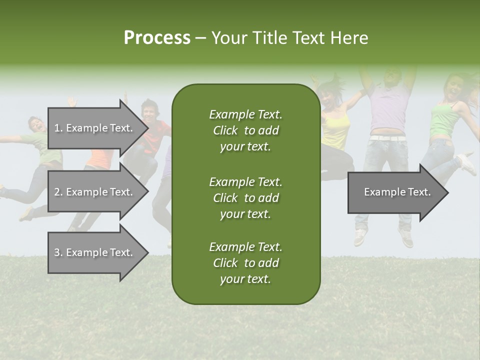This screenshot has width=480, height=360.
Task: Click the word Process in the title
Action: tap(157, 38)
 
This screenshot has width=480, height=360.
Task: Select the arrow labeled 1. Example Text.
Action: tap(95, 128)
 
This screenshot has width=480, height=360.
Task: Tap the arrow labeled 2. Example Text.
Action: tap(95, 192)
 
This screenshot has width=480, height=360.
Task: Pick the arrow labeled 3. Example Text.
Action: tap(95, 252)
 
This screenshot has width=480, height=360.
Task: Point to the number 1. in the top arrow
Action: tap(58, 128)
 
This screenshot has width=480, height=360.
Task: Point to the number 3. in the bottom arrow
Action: tap(58, 252)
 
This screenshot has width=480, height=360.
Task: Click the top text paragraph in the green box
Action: tap(245, 130)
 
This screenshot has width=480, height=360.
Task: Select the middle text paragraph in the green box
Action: tap(245, 198)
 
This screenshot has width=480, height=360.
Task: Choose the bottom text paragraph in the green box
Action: tap(245, 263)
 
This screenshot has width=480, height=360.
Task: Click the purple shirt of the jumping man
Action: tap(387, 107)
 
